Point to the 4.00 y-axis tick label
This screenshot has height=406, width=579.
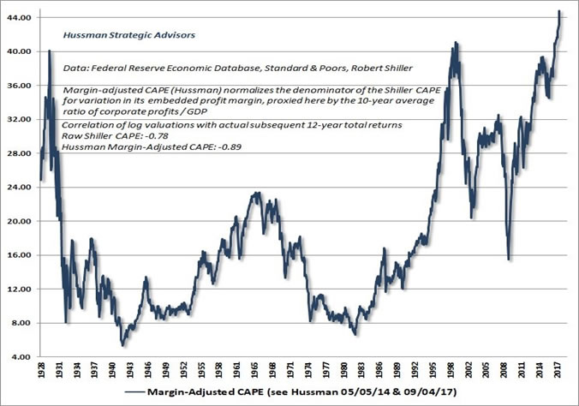[x=22, y=357]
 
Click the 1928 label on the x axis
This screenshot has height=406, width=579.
[x=41, y=374]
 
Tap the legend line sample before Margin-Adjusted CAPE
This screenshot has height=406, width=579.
[x=135, y=394]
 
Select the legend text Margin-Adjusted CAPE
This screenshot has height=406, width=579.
[x=202, y=394]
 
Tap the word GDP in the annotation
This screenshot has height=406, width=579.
[x=230, y=114]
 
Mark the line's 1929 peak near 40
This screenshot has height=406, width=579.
[x=50, y=51]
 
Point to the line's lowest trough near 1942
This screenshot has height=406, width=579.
[x=122, y=345]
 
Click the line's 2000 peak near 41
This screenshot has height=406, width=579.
[x=455, y=42]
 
